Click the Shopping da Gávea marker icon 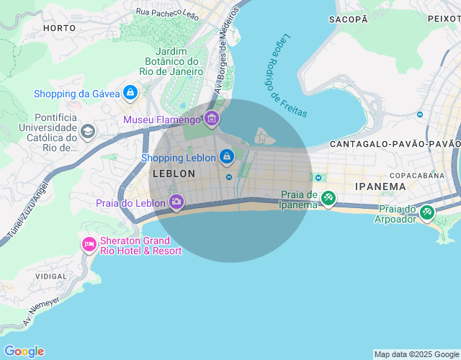[130, 93]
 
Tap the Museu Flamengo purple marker [211, 119]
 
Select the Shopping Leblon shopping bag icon [227, 157]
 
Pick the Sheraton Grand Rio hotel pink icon [89, 245]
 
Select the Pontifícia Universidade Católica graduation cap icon [88, 132]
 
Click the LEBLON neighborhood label [174, 174]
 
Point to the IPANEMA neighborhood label [380, 186]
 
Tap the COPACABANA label [418, 175]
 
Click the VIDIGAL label [51, 276]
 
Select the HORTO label [59, 28]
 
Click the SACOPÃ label [348, 19]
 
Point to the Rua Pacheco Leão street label [167, 12]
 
